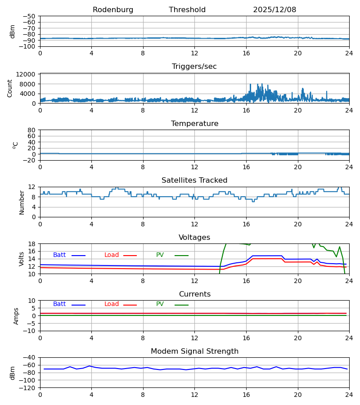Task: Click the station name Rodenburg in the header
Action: coord(113,10)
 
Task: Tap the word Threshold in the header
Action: coord(187,10)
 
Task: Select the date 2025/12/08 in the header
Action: coord(274,10)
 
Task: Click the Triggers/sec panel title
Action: coord(194,67)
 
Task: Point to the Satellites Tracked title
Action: coord(194,180)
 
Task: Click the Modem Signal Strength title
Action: coord(194,351)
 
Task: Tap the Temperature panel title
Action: coord(194,124)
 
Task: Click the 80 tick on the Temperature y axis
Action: coord(31,130)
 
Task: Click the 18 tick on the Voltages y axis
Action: coord(31,244)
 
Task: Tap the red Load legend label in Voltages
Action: coord(112,255)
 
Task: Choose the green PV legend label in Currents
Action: coord(160,304)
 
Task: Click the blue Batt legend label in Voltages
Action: coord(59,255)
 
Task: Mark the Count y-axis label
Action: coord(10,88)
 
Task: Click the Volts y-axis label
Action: coord(22,259)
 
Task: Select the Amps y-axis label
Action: coord(16,316)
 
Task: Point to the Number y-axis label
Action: coord(22,202)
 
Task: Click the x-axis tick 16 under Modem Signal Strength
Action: coord(246,395)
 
